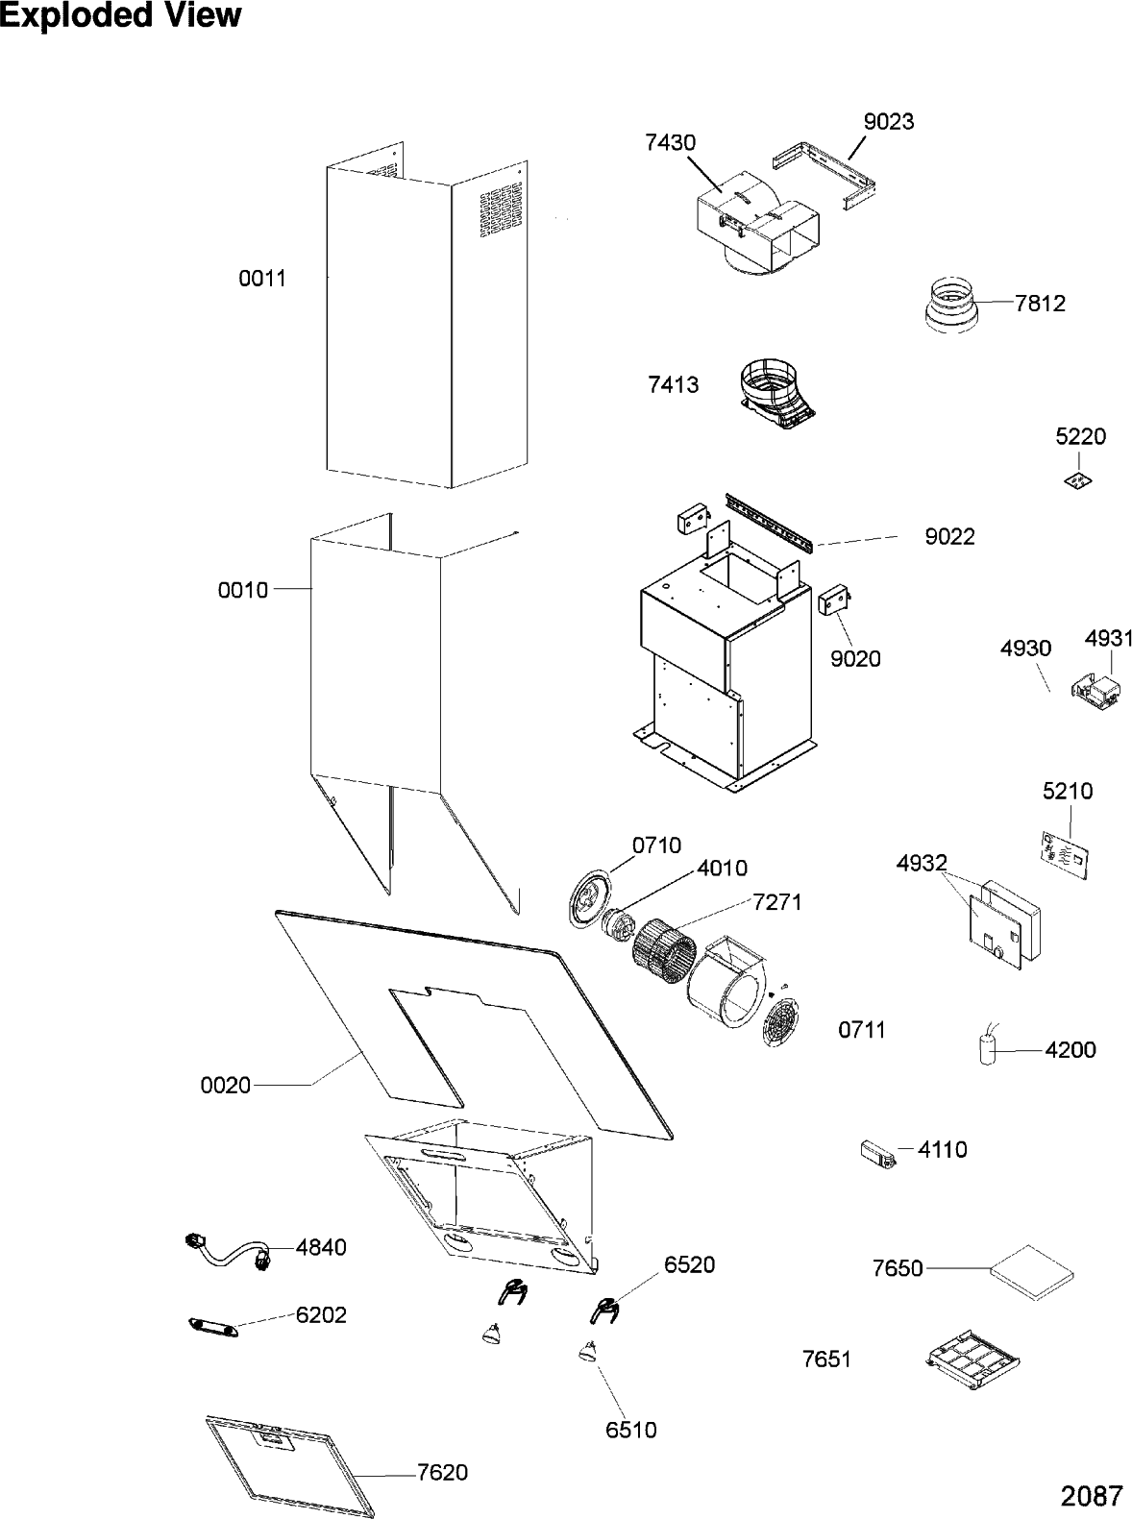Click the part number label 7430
click(671, 142)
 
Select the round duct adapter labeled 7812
click(951, 306)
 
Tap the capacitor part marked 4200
click(987, 1048)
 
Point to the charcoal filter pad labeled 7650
click(1031, 1269)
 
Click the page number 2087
click(1092, 1495)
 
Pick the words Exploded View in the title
click(120, 16)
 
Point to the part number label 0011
click(262, 279)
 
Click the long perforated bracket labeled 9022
click(772, 520)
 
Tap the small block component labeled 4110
click(879, 1152)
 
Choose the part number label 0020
click(226, 1085)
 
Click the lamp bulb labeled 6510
click(588, 1352)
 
